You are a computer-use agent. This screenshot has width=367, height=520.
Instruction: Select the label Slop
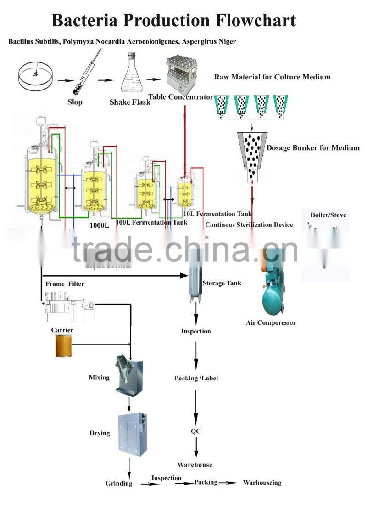[75, 102]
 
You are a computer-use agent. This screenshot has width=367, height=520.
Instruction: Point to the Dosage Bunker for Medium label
[313, 147]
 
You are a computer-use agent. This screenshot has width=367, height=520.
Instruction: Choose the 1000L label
[99, 226]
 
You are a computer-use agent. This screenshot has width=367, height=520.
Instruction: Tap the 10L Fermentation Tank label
[217, 214]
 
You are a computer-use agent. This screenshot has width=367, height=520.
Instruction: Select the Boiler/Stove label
[328, 215]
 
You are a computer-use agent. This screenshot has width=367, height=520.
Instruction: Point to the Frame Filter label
[65, 284]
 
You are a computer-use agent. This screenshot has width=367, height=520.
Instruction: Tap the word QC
[196, 431]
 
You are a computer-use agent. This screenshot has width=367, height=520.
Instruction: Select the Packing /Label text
[196, 378]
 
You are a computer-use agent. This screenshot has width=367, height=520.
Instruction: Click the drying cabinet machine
[131, 434]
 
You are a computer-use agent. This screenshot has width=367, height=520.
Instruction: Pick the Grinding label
[119, 483]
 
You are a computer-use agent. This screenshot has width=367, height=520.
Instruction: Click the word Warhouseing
[262, 483]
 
